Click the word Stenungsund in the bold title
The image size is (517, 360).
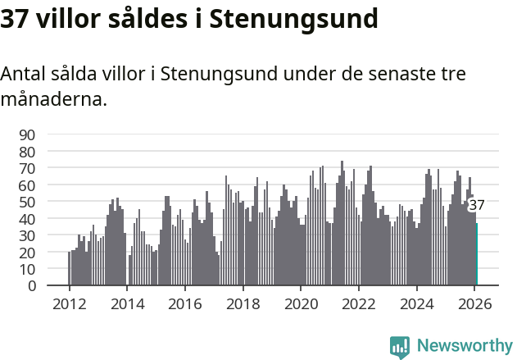294,19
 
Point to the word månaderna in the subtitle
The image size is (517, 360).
51,101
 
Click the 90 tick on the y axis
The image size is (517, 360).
27,134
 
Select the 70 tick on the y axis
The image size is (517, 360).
27,168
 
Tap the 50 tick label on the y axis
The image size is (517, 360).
27,202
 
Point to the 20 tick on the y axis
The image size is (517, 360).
27,253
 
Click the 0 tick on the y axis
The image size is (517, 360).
31,286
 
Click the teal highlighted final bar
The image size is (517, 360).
477,255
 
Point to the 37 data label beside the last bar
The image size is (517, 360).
477,206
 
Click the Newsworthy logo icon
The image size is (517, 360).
400,347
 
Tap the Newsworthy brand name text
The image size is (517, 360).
464,347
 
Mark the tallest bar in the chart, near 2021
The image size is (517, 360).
342,223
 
